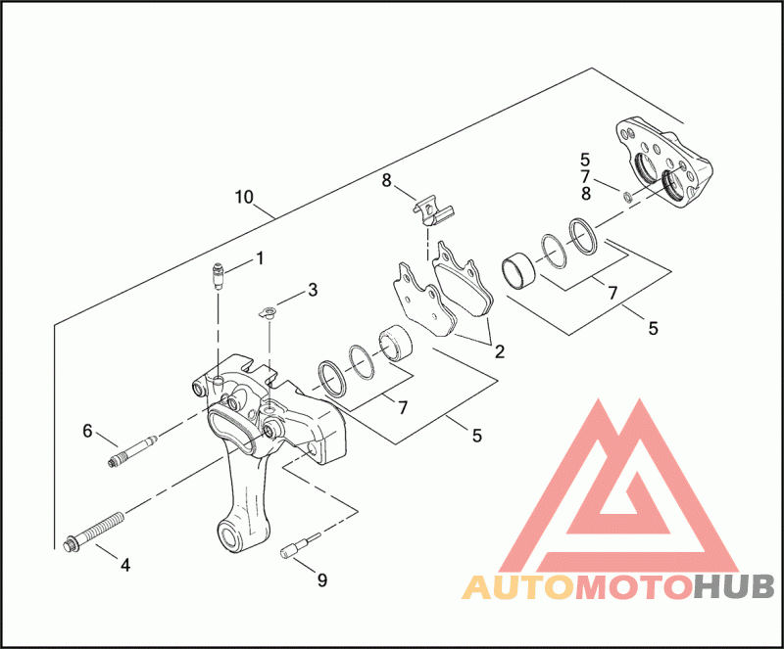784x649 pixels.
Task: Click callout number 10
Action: pyautogui.click(x=245, y=197)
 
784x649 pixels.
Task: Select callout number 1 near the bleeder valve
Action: pyautogui.click(x=261, y=258)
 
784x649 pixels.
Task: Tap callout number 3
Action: pyautogui.click(x=312, y=290)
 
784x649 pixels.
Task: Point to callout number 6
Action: pyautogui.click(x=87, y=430)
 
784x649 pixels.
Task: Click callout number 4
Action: pyautogui.click(x=124, y=564)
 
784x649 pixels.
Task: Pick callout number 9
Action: pyautogui.click(x=321, y=579)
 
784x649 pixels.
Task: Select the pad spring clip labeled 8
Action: pyautogui.click(x=431, y=207)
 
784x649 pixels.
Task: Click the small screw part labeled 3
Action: pyautogui.click(x=267, y=313)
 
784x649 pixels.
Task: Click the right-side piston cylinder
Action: pyautogui.click(x=519, y=269)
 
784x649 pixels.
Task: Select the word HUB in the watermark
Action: pyautogui.click(x=732, y=587)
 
